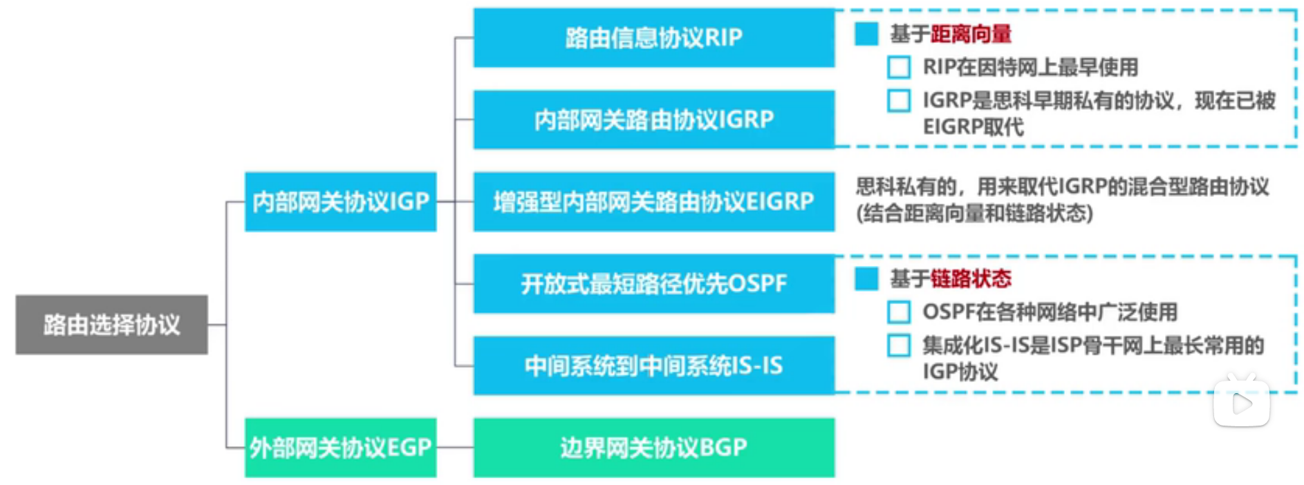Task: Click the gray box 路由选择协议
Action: point(111,325)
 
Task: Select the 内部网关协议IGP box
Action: point(341,202)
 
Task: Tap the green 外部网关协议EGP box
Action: point(341,448)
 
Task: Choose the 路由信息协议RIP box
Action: point(654,37)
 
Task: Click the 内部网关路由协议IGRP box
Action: point(654,120)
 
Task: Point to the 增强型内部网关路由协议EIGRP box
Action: point(654,202)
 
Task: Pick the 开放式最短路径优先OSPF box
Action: point(654,283)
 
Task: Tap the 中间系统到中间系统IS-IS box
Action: point(654,365)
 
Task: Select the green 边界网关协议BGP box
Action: point(654,448)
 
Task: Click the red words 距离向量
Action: point(971,34)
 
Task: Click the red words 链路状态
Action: point(971,278)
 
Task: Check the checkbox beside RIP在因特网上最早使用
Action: point(899,67)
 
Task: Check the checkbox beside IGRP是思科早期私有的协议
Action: point(899,100)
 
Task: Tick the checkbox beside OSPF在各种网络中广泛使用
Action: point(899,312)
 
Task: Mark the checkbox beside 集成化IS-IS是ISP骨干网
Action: point(899,345)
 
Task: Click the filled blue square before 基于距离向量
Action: point(866,34)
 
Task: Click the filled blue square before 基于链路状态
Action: point(866,278)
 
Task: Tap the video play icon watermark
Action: point(1242,401)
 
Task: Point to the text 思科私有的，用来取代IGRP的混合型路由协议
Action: point(1063,187)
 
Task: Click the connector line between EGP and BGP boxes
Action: point(455,448)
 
